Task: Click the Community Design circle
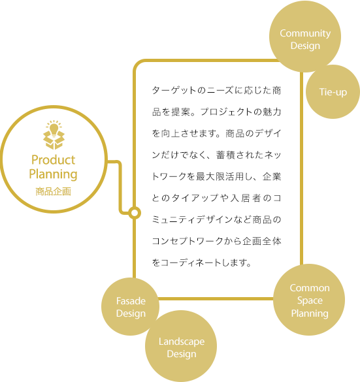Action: coord(305,37)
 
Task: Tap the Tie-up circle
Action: coord(333,92)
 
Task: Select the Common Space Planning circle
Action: coord(309,300)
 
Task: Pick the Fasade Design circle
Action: coord(131,306)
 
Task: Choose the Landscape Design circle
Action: coord(181,346)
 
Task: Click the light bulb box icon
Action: coord(54,135)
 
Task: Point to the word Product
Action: coord(53,160)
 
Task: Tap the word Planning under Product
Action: coord(53,174)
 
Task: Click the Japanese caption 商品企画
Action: coord(53,191)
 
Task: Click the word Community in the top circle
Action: coord(305,33)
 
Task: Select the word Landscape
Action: coord(182,342)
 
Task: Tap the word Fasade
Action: coord(131,301)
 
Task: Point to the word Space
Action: coord(310,300)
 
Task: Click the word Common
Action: coord(310,288)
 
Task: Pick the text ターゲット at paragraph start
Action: coord(174,90)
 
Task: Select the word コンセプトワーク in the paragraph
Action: coord(188,241)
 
